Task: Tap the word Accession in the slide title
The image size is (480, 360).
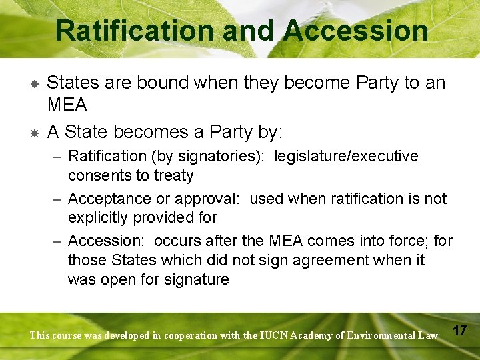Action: (x=356, y=30)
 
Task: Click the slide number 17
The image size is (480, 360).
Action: (x=459, y=331)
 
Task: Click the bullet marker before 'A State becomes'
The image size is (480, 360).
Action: (x=33, y=133)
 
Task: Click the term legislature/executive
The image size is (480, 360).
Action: (x=347, y=157)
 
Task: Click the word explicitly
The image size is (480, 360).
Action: (x=101, y=218)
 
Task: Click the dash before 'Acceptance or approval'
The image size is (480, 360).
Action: (x=57, y=199)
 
